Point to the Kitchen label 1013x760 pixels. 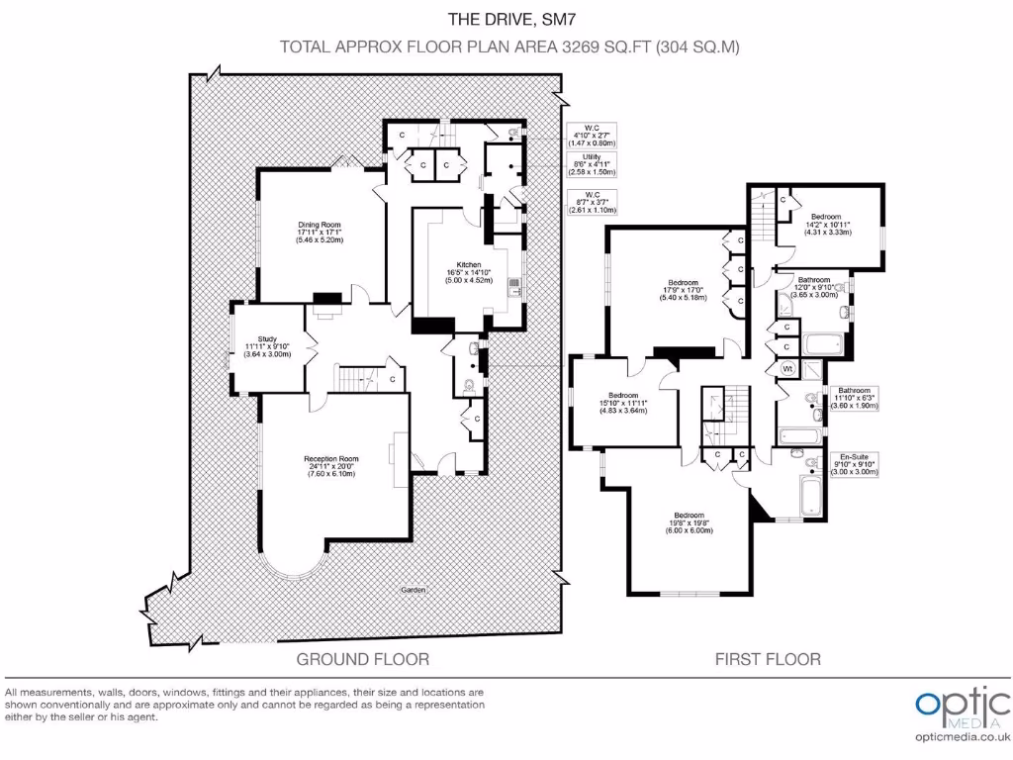point(469,272)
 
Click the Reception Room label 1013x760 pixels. point(330,466)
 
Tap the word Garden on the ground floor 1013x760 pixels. point(414,589)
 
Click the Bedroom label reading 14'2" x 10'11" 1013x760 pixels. point(826,224)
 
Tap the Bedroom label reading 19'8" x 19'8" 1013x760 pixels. point(690,522)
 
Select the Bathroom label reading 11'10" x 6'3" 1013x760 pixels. point(854,398)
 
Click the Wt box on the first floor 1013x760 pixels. point(788,369)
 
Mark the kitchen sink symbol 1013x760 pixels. point(514,288)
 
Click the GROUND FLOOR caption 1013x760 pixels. point(363,658)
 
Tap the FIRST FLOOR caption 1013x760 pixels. point(768,658)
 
